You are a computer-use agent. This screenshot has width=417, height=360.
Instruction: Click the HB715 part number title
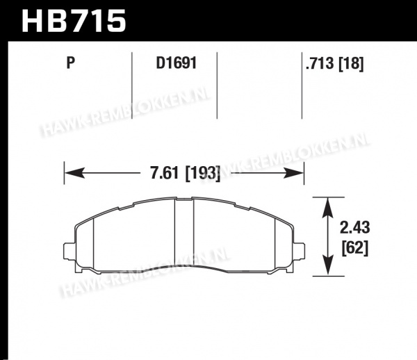(x=74, y=21)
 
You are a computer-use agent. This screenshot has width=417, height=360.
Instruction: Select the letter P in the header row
(x=70, y=63)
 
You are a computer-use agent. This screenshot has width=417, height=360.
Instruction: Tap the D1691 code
(x=176, y=63)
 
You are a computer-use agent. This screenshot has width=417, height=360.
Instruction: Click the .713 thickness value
(x=320, y=63)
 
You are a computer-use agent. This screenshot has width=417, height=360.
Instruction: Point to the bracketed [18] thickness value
(x=351, y=64)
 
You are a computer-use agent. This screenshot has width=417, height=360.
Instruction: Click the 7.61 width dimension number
(x=164, y=172)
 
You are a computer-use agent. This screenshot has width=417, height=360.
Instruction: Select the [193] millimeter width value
(x=203, y=173)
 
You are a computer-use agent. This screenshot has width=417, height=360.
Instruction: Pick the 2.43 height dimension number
(x=354, y=228)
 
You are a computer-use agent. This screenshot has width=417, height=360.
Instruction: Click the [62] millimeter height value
(x=354, y=248)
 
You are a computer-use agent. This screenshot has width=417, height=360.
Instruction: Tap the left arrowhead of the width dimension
(x=74, y=173)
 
